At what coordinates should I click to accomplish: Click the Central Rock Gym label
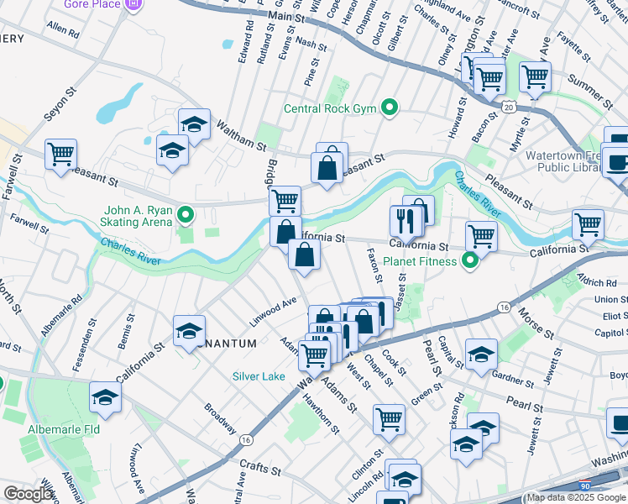tap(330, 108)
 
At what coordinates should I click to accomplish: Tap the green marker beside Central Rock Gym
tap(389, 108)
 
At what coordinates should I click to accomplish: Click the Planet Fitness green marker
tap(471, 260)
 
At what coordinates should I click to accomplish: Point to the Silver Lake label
tap(259, 376)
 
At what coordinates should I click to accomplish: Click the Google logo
tap(28, 493)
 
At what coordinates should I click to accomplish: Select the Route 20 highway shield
tap(509, 106)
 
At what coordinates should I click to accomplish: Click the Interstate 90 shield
tap(585, 486)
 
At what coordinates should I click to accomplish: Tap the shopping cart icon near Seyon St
tap(60, 155)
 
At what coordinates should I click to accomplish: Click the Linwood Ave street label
tap(273, 312)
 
